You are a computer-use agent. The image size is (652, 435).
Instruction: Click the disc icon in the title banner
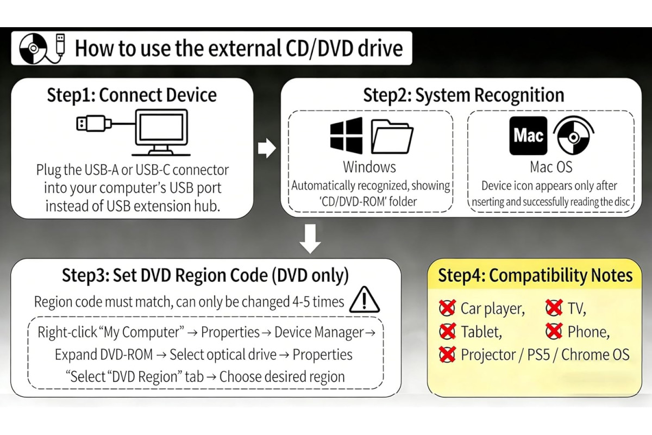point(33,48)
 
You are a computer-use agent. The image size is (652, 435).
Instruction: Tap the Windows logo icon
point(347,135)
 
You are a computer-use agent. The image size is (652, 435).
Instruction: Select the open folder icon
point(392,136)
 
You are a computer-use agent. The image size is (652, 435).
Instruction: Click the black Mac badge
point(528,135)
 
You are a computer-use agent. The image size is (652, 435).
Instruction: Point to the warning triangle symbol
point(365,300)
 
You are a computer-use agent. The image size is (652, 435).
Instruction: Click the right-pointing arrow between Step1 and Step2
point(267,148)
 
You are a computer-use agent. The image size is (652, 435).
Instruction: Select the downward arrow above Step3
point(310,239)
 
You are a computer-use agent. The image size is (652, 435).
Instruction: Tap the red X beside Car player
point(447,308)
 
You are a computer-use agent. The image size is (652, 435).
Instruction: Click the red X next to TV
point(554,308)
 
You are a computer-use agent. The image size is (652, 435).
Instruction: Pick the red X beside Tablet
point(447,331)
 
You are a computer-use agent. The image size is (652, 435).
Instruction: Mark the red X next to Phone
point(554,331)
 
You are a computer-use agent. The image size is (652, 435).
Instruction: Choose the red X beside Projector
point(447,355)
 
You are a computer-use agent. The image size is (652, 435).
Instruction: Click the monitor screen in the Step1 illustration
point(161,127)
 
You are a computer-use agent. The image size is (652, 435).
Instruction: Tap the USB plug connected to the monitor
point(93,123)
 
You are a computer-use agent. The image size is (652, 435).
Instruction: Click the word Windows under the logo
point(369,167)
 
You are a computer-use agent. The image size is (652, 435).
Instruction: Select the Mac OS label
point(551,167)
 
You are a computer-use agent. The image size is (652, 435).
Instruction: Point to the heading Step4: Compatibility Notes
point(535,275)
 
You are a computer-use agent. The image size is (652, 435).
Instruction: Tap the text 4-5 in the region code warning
point(301,302)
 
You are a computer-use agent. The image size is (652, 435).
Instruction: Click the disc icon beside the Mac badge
point(574,135)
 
